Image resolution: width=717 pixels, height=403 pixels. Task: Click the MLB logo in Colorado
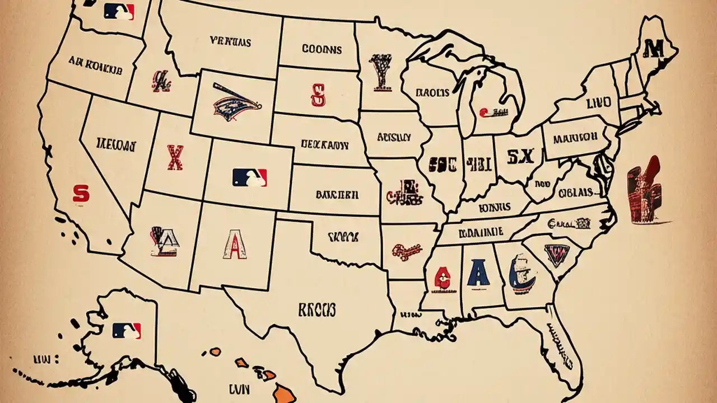coord(250,177)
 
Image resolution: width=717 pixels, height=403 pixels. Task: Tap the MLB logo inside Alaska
coord(127,331)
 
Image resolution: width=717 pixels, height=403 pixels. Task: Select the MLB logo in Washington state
coord(119,12)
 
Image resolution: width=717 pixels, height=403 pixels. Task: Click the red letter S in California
coord(81,194)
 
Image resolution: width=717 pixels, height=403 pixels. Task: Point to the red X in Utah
coord(175,157)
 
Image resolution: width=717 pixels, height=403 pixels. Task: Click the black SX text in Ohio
coord(520,157)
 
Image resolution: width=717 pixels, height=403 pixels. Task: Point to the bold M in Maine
coord(652,49)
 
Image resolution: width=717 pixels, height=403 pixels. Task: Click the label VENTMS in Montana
coord(230,41)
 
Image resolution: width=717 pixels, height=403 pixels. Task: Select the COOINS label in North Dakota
coord(322,49)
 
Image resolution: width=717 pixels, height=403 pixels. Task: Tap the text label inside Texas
coord(316,309)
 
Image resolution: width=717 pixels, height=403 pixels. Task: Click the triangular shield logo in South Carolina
coord(557,255)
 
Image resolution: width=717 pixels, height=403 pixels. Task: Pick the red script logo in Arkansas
coord(406,251)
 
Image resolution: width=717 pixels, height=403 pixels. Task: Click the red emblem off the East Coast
coord(644,190)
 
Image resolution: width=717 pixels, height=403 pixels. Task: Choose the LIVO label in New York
coord(598,103)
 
